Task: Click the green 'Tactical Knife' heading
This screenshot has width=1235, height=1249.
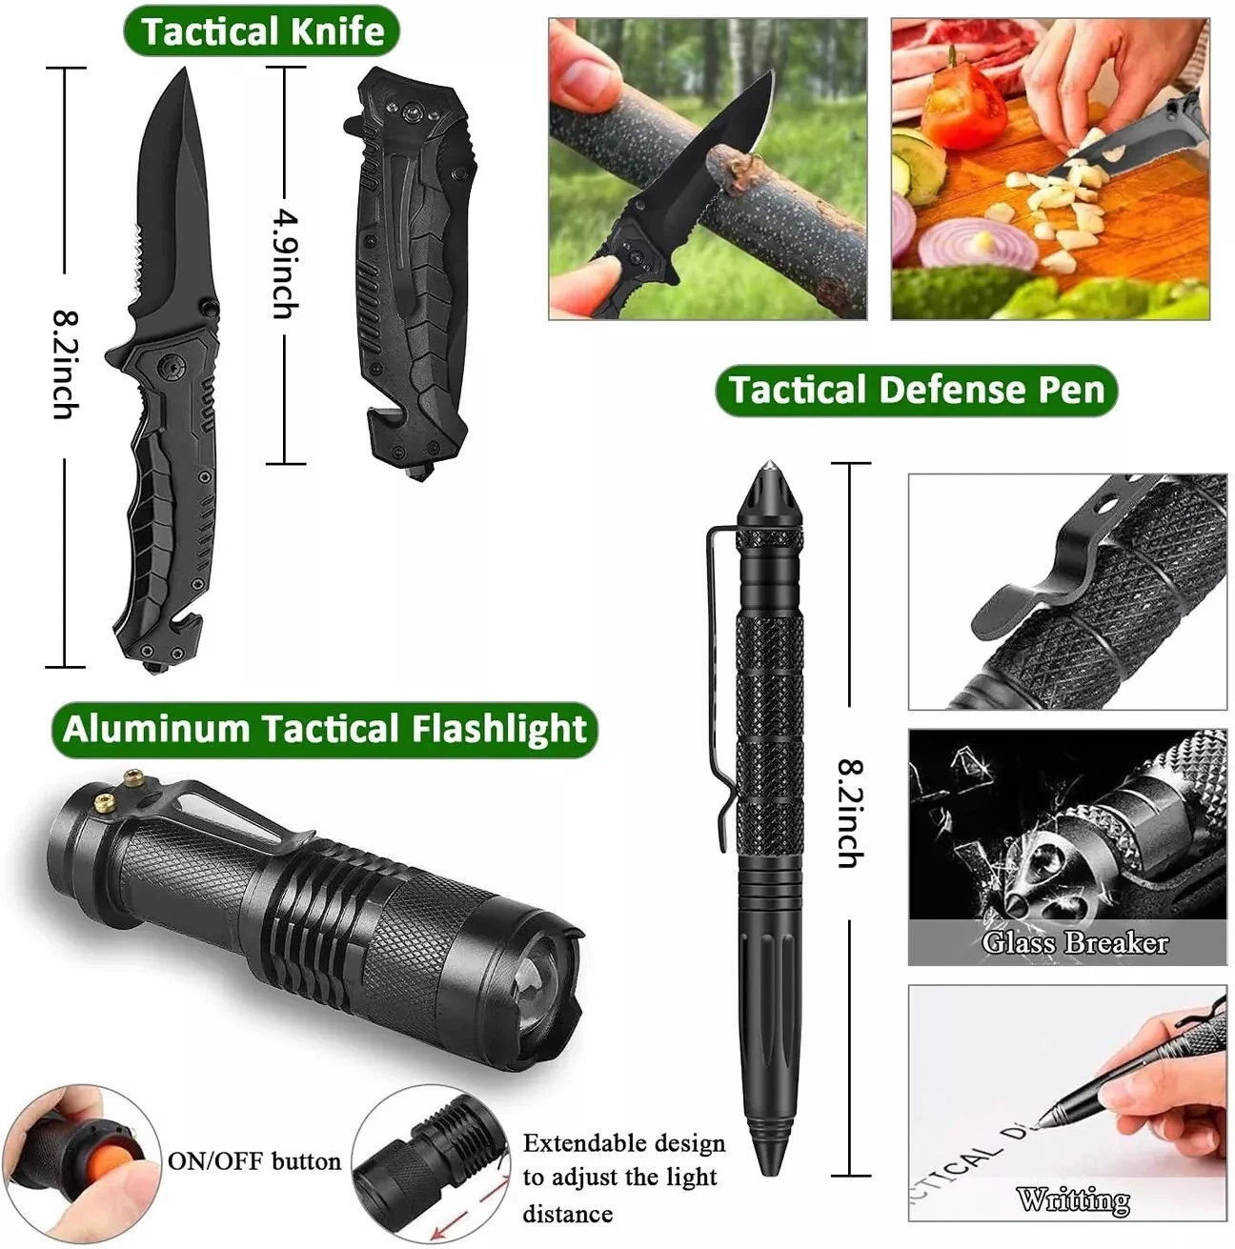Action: pyautogui.click(x=261, y=31)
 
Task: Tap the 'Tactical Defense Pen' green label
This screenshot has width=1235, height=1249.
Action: pyautogui.click(x=917, y=391)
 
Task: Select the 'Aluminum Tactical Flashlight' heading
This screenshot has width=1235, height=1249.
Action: pyautogui.click(x=324, y=730)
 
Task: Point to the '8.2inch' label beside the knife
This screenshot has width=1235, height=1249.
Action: pyautogui.click(x=66, y=365)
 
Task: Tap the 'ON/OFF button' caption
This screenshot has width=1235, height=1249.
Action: pyautogui.click(x=254, y=1160)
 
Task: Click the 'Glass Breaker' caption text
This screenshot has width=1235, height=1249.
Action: pyautogui.click(x=1075, y=942)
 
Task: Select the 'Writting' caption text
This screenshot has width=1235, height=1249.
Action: pyautogui.click(x=1074, y=1199)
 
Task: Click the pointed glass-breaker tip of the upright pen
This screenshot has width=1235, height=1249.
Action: pyautogui.click(x=770, y=466)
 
